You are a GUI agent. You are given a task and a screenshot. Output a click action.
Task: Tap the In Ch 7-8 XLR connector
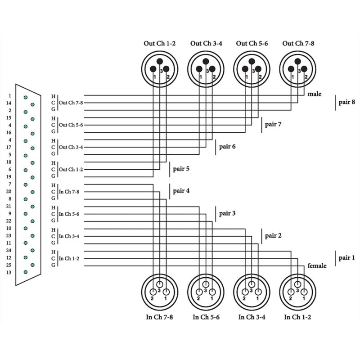click(x=159, y=291)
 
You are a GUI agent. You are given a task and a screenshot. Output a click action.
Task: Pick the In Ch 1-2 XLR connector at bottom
click(x=297, y=291)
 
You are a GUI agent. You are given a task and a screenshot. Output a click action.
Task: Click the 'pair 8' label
click(x=346, y=102)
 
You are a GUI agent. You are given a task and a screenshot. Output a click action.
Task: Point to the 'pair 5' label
click(x=181, y=169)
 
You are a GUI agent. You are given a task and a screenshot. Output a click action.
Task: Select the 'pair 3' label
click(x=227, y=213)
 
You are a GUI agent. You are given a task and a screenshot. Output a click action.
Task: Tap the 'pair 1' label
click(x=346, y=258)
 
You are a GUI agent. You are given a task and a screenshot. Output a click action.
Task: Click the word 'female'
click(x=317, y=266)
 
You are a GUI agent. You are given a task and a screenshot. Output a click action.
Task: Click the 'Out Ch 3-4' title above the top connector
click(x=206, y=44)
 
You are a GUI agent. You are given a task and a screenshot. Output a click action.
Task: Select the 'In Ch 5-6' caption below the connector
click(x=206, y=317)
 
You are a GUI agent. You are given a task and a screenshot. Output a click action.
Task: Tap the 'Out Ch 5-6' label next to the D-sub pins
click(x=71, y=125)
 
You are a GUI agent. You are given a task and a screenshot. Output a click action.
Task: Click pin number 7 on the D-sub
click(x=9, y=184)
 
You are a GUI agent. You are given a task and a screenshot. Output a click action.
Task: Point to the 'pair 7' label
click(x=274, y=124)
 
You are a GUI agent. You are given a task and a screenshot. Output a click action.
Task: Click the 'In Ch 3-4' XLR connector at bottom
click(x=252, y=291)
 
